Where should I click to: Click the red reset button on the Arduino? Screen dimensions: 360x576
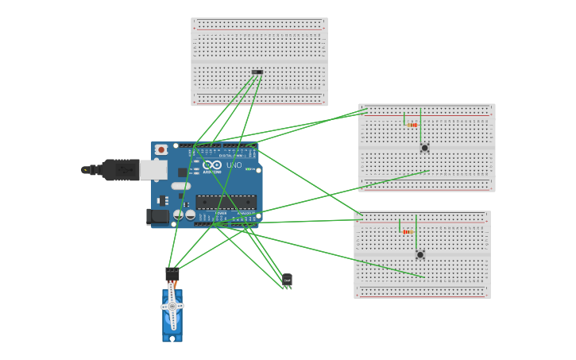[161, 149]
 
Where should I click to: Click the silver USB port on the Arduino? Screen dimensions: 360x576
[153, 168]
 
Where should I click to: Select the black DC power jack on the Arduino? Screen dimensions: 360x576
[157, 216]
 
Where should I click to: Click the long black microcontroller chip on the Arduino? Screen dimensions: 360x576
[226, 204]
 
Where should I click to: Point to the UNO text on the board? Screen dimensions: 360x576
[234, 165]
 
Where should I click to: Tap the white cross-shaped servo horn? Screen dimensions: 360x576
[172, 307]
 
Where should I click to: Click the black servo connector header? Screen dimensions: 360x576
[172, 274]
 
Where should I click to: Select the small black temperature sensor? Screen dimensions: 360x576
[287, 279]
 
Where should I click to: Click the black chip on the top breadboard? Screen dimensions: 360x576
[257, 72]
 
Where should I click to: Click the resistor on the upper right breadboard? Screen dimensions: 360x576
[412, 125]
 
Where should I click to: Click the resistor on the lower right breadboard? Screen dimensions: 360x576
[408, 231]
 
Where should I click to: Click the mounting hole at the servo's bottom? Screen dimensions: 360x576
[172, 339]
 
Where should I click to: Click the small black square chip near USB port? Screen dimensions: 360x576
[183, 172]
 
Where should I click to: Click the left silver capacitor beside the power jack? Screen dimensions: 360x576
[179, 215]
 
